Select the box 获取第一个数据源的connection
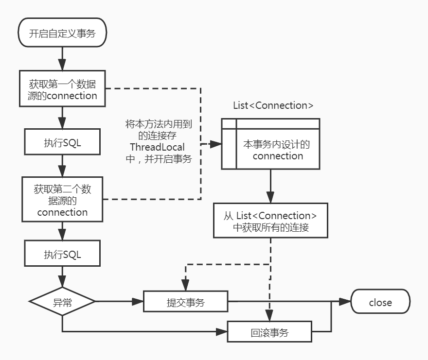62,88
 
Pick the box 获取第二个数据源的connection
62,199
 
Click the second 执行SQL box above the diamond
62,254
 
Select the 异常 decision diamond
62,302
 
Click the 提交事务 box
185,302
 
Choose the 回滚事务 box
269,333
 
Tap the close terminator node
380,302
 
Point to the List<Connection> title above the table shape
269,105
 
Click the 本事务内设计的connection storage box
278,150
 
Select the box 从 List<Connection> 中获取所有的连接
270,221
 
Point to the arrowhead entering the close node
347,302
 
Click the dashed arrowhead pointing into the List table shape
217,144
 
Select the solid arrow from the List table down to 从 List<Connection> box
270,187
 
